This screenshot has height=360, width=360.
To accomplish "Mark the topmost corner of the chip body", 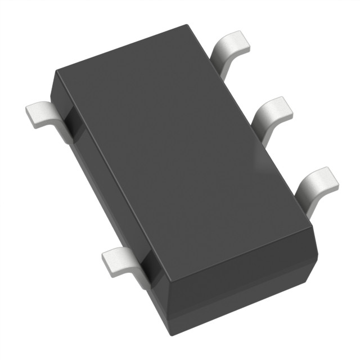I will tap(186, 25).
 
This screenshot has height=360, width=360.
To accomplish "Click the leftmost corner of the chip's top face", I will tap(55, 72).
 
